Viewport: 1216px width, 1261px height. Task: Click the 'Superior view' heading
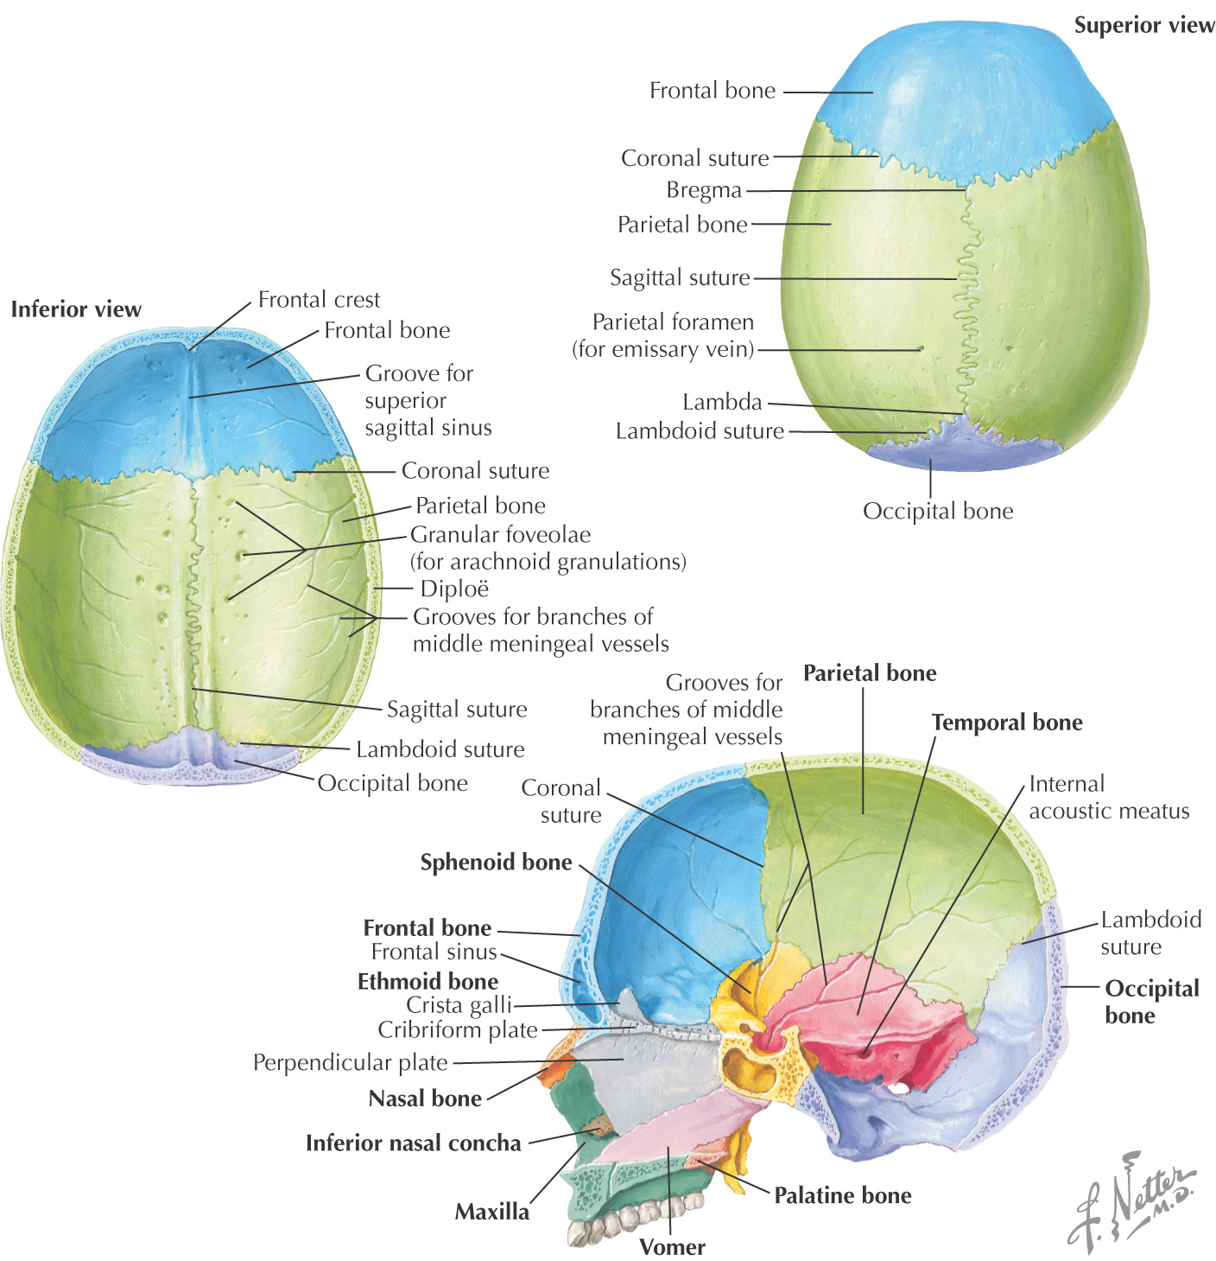[1143, 26]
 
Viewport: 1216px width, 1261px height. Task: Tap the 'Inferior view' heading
[76, 309]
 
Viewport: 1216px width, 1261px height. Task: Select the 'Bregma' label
[704, 190]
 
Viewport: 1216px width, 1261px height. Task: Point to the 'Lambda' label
[722, 402]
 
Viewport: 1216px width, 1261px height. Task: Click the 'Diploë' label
[454, 589]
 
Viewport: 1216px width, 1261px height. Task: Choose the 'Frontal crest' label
[319, 300]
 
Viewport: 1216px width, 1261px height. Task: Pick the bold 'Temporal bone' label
[1007, 723]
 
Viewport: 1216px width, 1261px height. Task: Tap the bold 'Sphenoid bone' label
[496, 863]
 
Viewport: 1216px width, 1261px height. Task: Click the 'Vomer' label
[672, 1246]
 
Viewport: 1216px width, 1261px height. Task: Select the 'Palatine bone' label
[842, 1195]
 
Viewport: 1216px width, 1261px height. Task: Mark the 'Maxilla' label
[491, 1212]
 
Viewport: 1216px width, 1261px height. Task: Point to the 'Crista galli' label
[459, 1005]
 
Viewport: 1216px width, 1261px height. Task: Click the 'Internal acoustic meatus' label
[1109, 797]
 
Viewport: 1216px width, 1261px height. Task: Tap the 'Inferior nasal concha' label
[413, 1143]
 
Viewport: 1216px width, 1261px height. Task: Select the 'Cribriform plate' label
[458, 1030]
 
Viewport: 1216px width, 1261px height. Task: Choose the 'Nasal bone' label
[425, 1099]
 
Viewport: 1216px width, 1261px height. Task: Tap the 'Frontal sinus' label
[434, 952]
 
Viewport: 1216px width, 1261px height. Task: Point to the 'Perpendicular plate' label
[350, 1062]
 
